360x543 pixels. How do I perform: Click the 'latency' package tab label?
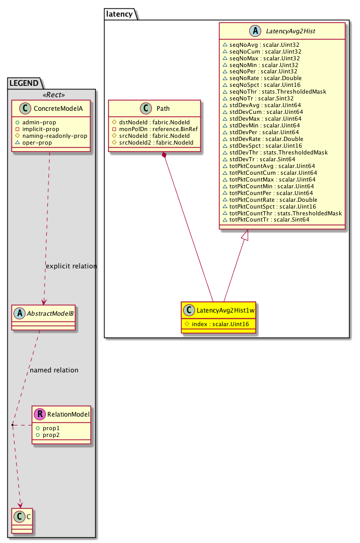[x=119, y=14]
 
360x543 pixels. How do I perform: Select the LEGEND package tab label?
[x=24, y=83]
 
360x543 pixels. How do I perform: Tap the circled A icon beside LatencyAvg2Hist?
[x=255, y=31]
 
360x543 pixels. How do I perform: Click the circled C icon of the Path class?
[x=146, y=108]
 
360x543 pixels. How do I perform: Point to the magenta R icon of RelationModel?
[x=40, y=414]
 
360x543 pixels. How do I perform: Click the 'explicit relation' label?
[x=71, y=266]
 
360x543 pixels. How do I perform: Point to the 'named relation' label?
[x=54, y=370]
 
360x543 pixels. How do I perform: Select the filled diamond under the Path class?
[x=164, y=156]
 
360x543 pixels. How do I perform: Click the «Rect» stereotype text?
[x=54, y=95]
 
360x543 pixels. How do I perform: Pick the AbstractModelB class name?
[x=50, y=314]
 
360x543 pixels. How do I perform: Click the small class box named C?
[x=22, y=521]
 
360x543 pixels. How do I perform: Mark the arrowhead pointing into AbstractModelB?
[x=44, y=302]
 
